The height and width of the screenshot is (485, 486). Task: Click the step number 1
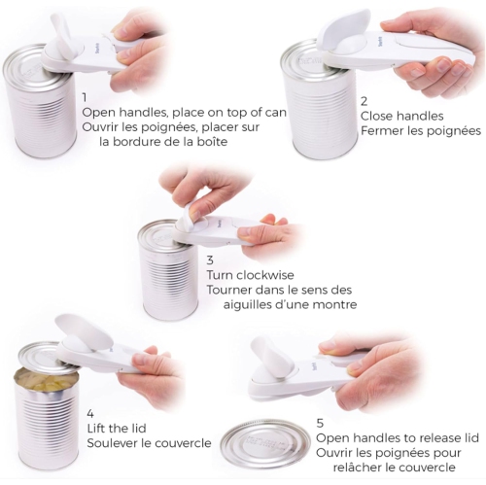[86, 98]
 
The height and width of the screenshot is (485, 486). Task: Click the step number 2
[364, 101]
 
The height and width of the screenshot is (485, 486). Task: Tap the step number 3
[211, 260]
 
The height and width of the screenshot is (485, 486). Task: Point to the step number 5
[320, 423]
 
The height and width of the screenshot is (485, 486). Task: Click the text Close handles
[401, 116]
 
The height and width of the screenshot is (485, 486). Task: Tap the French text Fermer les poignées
[420, 131]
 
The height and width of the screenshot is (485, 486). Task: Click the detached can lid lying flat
[264, 443]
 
